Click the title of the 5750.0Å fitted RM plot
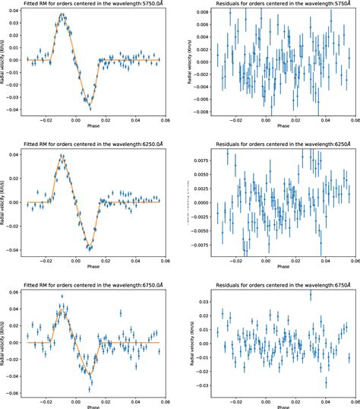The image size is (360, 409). [93, 4]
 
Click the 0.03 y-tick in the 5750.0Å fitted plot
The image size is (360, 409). [14, 25]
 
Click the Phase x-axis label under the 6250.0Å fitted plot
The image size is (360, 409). [93, 269]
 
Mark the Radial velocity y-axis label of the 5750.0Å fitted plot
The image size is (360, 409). [4, 62]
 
